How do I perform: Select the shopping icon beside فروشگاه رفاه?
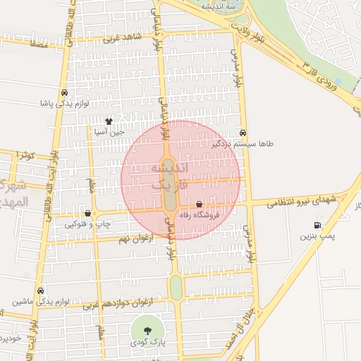(200, 203)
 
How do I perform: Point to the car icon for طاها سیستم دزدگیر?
(243, 133)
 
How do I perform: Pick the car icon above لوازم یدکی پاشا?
(64, 92)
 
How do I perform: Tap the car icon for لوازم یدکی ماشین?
(41, 290)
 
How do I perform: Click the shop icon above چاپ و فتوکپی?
(87, 213)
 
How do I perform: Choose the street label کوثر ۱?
(26, 154)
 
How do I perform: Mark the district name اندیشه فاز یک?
(166, 176)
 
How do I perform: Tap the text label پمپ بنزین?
(316, 236)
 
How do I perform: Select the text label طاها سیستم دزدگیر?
(245, 143)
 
